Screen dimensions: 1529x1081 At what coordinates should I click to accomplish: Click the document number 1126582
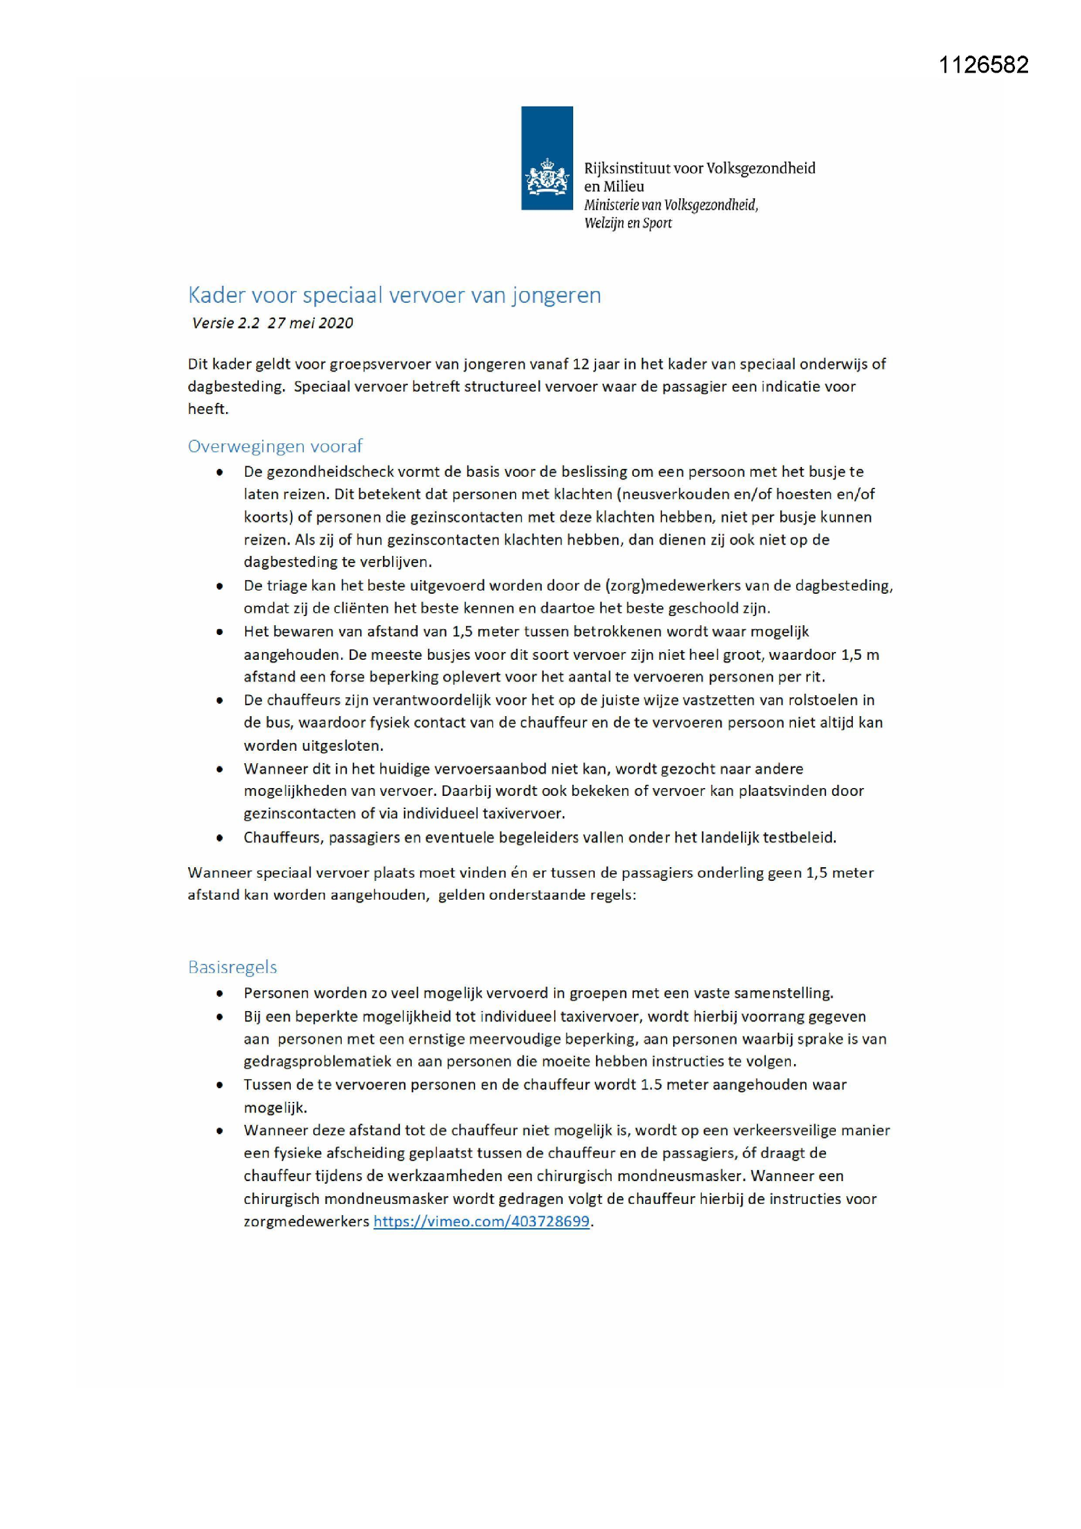(x=983, y=65)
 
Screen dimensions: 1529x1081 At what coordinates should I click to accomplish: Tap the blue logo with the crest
(x=546, y=158)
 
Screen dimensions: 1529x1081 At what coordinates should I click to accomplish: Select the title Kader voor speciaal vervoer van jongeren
(x=394, y=295)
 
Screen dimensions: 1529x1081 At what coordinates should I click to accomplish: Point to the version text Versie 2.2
(x=225, y=324)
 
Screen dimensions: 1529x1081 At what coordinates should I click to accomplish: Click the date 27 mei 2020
(x=310, y=324)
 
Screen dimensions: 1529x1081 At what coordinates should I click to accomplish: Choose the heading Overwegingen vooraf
(x=275, y=446)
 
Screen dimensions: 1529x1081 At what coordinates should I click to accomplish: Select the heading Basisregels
(x=232, y=967)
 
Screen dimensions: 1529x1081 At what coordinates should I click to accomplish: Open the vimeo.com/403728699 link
(x=481, y=1222)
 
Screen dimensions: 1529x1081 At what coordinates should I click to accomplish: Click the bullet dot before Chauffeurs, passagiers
(x=220, y=838)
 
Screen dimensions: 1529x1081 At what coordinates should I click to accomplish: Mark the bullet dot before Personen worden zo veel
(x=220, y=993)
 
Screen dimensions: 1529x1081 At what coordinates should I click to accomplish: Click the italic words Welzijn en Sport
(x=627, y=224)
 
